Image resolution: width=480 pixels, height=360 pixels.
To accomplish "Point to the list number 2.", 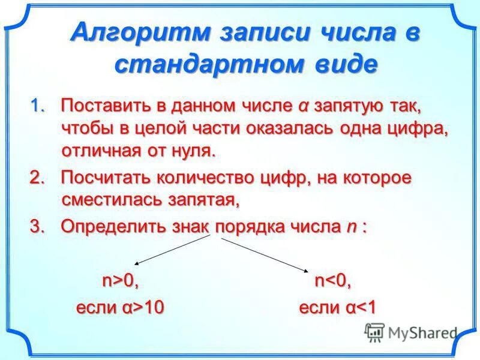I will [37, 178].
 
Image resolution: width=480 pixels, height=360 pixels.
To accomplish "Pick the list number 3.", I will [37, 227].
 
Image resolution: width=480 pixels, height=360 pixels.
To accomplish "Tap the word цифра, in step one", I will [420, 128].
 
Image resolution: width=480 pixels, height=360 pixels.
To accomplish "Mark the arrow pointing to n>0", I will [172, 250].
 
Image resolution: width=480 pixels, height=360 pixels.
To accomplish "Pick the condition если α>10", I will [120, 308].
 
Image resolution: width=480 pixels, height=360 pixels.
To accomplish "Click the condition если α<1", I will [337, 308].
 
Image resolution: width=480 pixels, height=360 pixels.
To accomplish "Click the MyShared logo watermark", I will [411, 332].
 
